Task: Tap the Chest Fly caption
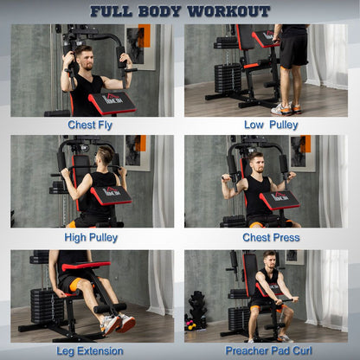(92, 125)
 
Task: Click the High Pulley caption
(92, 237)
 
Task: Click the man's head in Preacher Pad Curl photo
(270, 260)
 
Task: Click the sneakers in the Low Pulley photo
(283, 108)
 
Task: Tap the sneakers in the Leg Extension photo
(115, 323)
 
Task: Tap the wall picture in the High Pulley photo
(138, 152)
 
